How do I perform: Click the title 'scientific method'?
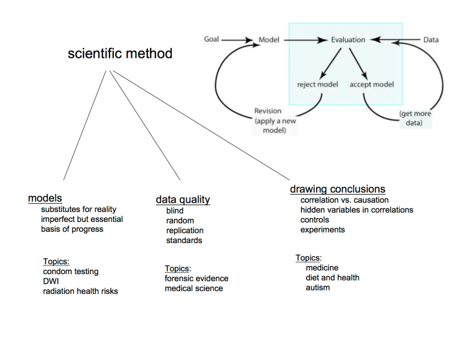[120, 54]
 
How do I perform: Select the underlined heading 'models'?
[45, 198]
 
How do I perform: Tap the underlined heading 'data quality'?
[182, 200]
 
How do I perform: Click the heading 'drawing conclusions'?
[337, 189]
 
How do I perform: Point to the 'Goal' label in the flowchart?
[212, 40]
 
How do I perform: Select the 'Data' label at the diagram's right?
[431, 40]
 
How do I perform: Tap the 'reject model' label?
[317, 84]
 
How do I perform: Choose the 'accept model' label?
[372, 84]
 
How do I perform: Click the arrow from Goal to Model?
[238, 40]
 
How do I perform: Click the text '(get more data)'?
[414, 118]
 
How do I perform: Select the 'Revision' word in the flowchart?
[268, 111]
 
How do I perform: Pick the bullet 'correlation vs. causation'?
[344, 200]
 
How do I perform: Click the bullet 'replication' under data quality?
[185, 231]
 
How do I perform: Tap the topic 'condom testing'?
[70, 272]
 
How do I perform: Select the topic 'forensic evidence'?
[196, 279]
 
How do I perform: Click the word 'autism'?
[317, 288]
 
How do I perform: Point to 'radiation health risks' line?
[80, 291]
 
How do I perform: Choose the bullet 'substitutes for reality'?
[78, 210]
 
